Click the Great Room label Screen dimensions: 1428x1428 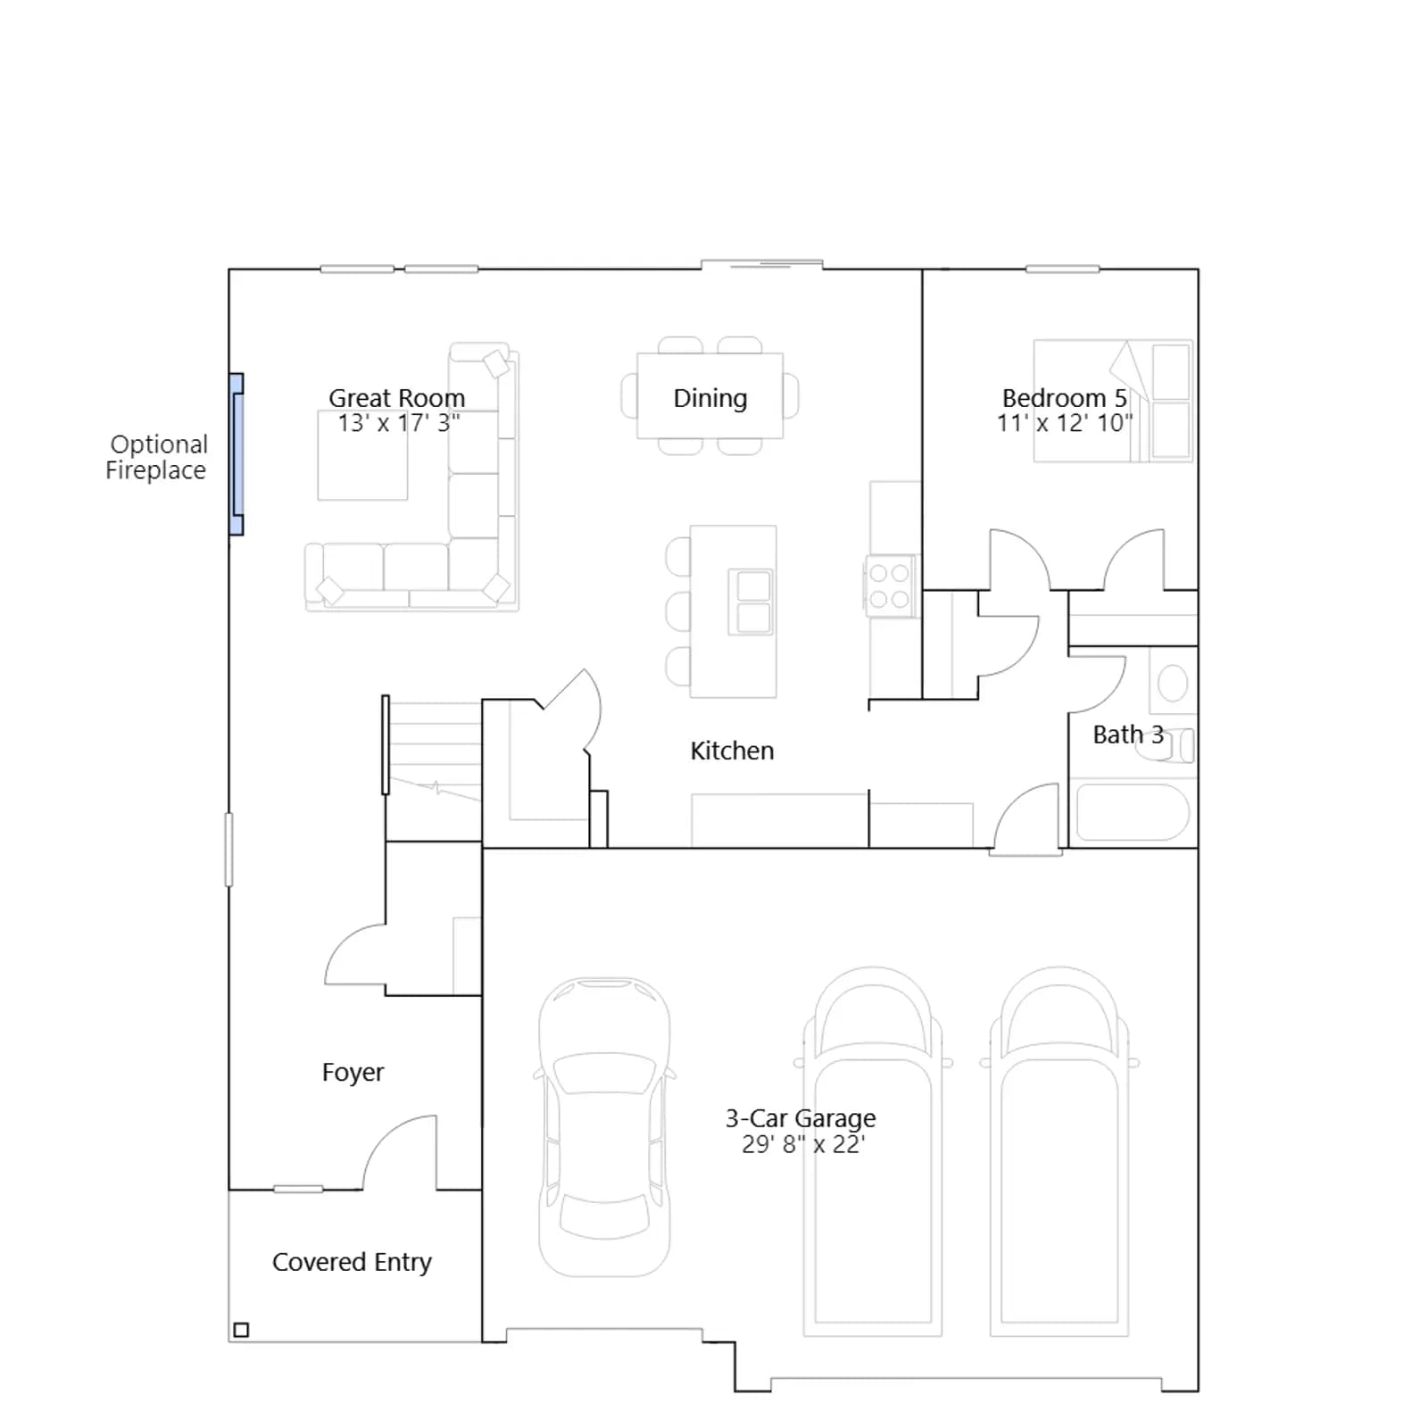(x=397, y=397)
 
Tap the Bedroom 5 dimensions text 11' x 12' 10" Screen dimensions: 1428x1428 (x=1065, y=423)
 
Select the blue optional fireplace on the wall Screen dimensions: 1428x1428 (x=237, y=454)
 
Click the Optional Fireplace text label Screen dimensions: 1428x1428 (x=157, y=457)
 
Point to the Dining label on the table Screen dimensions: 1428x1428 (x=710, y=398)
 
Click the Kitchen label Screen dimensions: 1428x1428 (x=732, y=751)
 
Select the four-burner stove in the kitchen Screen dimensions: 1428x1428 (x=889, y=585)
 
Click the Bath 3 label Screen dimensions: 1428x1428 (x=1128, y=735)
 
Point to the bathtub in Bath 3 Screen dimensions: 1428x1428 (x=1133, y=811)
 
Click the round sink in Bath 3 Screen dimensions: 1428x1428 (x=1173, y=684)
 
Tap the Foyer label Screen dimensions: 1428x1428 (x=353, y=1072)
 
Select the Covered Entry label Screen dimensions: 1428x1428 (x=352, y=1262)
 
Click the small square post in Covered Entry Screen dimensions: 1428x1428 (x=241, y=1330)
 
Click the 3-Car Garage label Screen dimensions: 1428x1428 (x=801, y=1118)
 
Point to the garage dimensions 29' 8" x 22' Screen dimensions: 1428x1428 (x=803, y=1144)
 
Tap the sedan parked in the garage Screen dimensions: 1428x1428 (x=604, y=1126)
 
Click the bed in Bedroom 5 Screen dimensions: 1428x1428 (x=1112, y=401)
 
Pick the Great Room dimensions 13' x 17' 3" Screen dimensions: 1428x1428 (x=399, y=423)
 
